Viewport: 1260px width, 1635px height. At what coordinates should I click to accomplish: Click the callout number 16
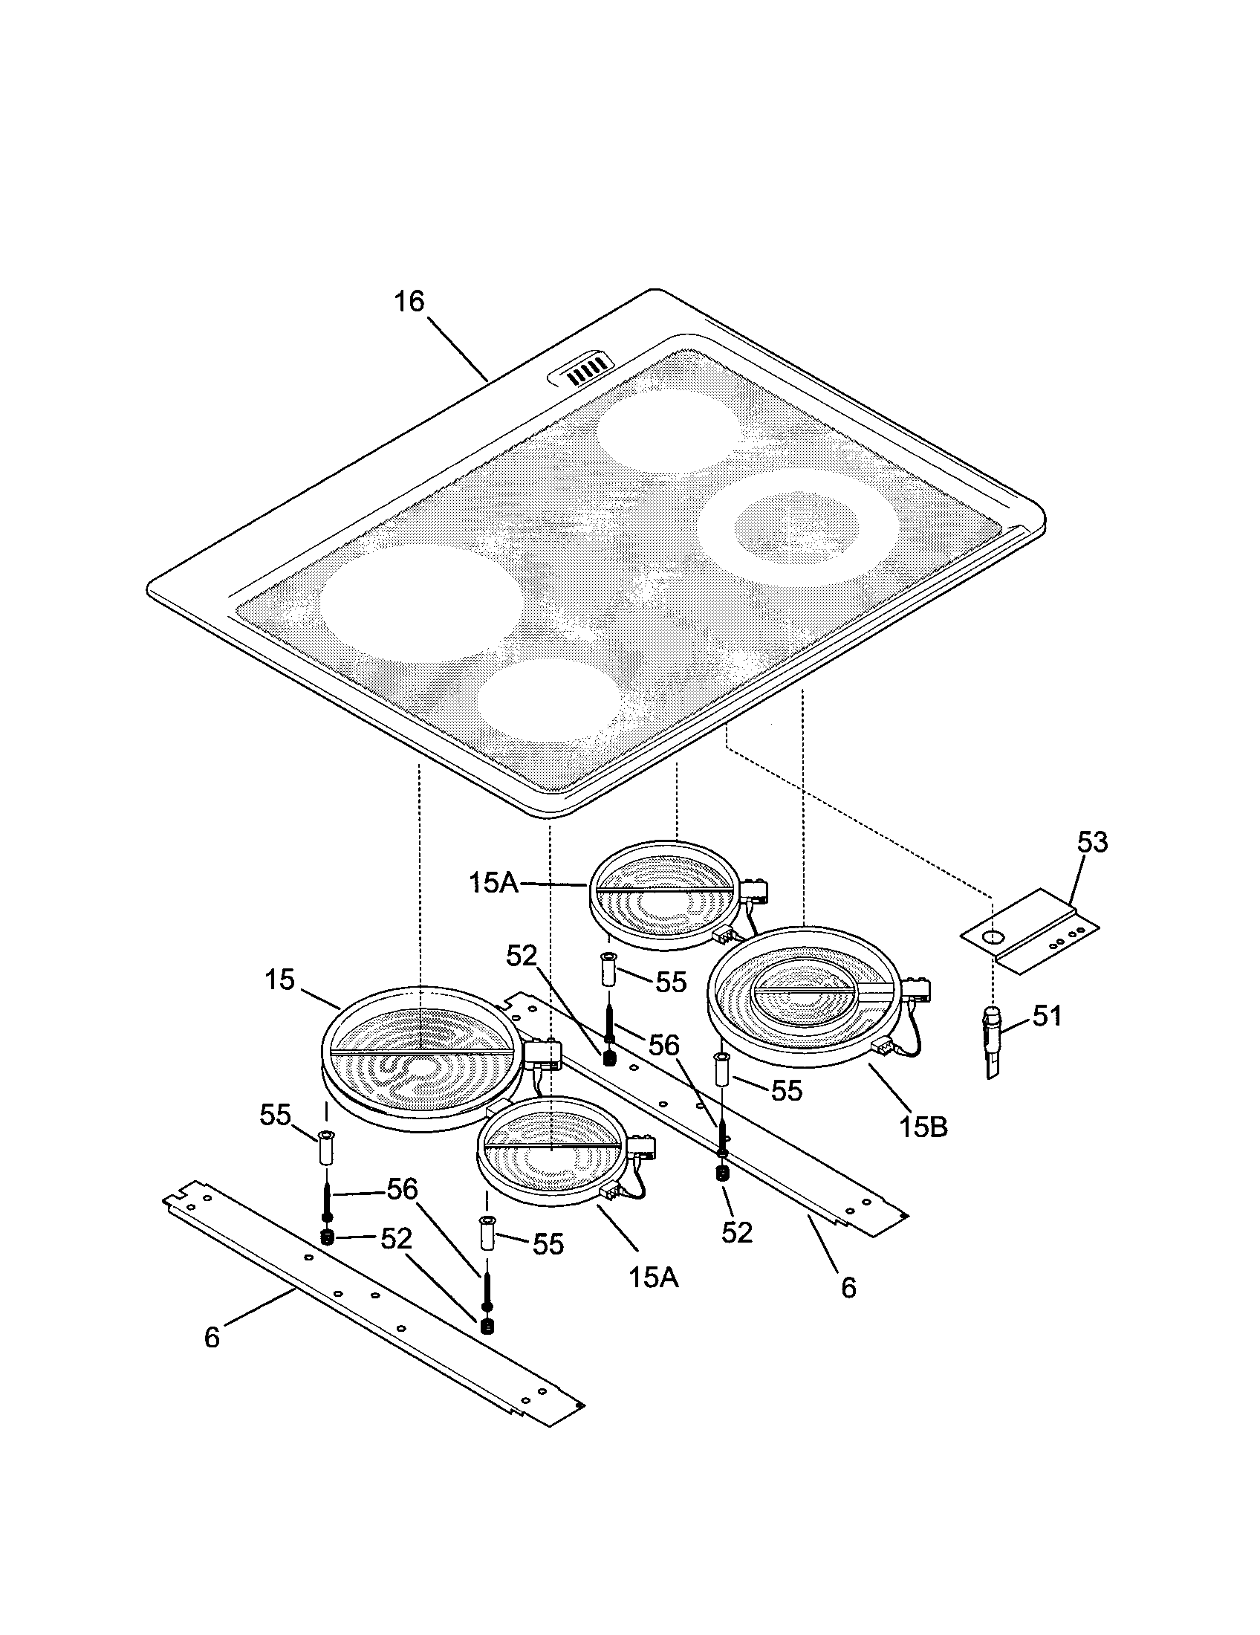pos(409,302)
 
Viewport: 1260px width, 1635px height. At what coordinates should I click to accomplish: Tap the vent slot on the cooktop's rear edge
pos(582,370)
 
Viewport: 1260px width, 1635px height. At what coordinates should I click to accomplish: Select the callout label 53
pos(1091,842)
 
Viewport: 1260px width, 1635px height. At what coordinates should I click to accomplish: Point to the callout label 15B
pos(923,1126)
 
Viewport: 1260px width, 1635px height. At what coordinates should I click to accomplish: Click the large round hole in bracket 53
pos(992,936)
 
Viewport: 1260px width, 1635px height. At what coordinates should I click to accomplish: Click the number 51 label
pos(1047,1016)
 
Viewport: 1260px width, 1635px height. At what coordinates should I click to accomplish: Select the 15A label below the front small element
pos(653,1277)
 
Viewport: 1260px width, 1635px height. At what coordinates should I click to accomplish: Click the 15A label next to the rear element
pos(493,883)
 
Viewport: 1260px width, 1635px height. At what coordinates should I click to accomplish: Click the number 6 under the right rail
pos(848,1288)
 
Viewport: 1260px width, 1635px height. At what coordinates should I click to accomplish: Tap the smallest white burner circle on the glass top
pos(550,700)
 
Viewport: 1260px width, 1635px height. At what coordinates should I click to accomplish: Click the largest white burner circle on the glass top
pos(420,603)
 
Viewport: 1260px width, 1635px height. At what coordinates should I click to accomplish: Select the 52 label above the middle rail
pos(522,955)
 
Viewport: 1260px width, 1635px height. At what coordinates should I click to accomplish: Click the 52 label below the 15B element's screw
pos(736,1232)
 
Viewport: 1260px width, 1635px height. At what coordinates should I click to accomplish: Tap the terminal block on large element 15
pos(543,1054)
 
